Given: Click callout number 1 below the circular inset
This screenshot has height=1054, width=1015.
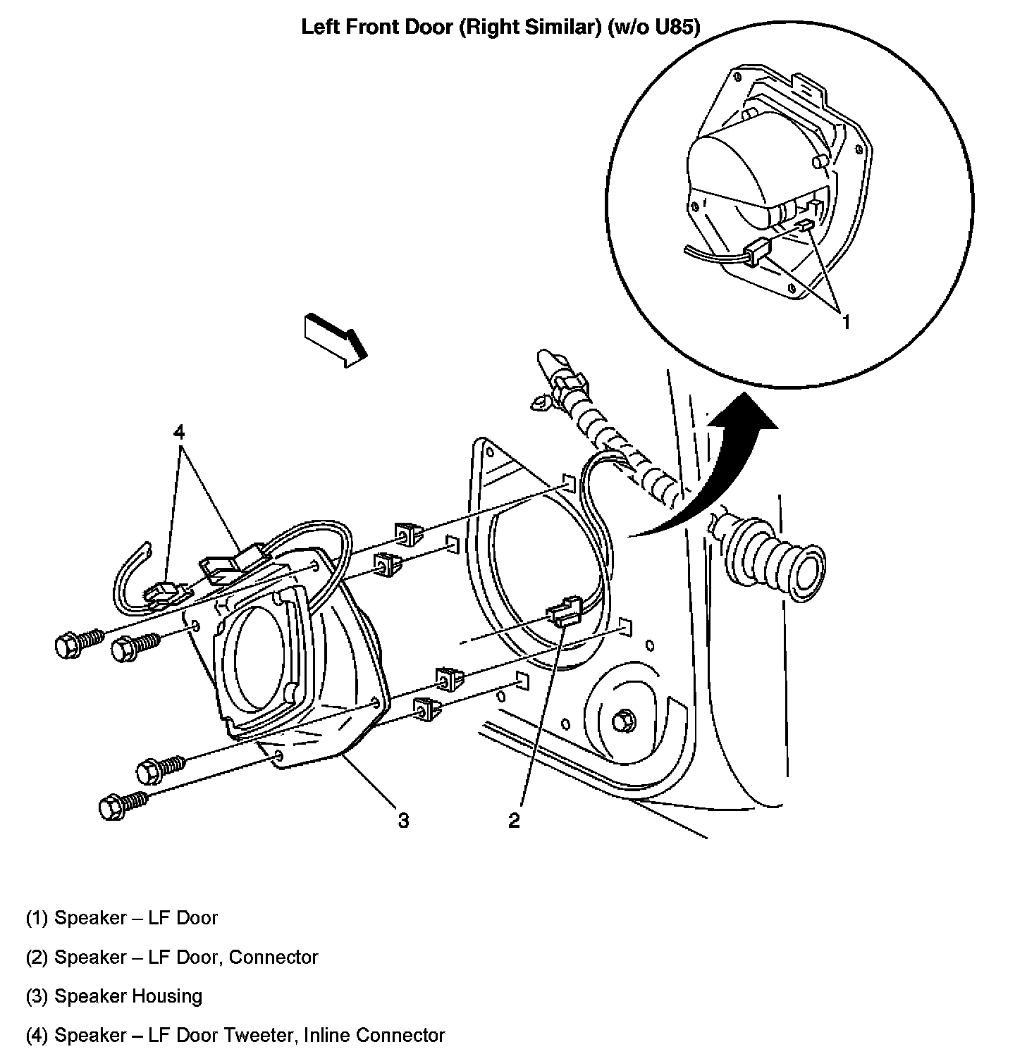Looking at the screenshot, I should point(846,322).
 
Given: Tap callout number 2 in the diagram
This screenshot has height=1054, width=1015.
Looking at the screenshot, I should point(514,820).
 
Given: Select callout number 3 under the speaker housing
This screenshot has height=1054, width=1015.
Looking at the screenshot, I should point(402,820).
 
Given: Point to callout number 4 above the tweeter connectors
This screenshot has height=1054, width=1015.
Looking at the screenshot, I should point(180,430).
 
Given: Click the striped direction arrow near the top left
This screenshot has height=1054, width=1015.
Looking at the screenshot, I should point(336,340).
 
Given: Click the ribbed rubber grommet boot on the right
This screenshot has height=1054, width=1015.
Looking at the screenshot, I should point(772,560).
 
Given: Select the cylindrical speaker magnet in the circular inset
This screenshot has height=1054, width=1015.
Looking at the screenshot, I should point(726,180).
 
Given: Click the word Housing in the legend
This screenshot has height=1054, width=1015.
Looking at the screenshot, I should point(167,996).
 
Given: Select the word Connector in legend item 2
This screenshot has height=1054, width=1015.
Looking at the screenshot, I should point(273,957).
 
